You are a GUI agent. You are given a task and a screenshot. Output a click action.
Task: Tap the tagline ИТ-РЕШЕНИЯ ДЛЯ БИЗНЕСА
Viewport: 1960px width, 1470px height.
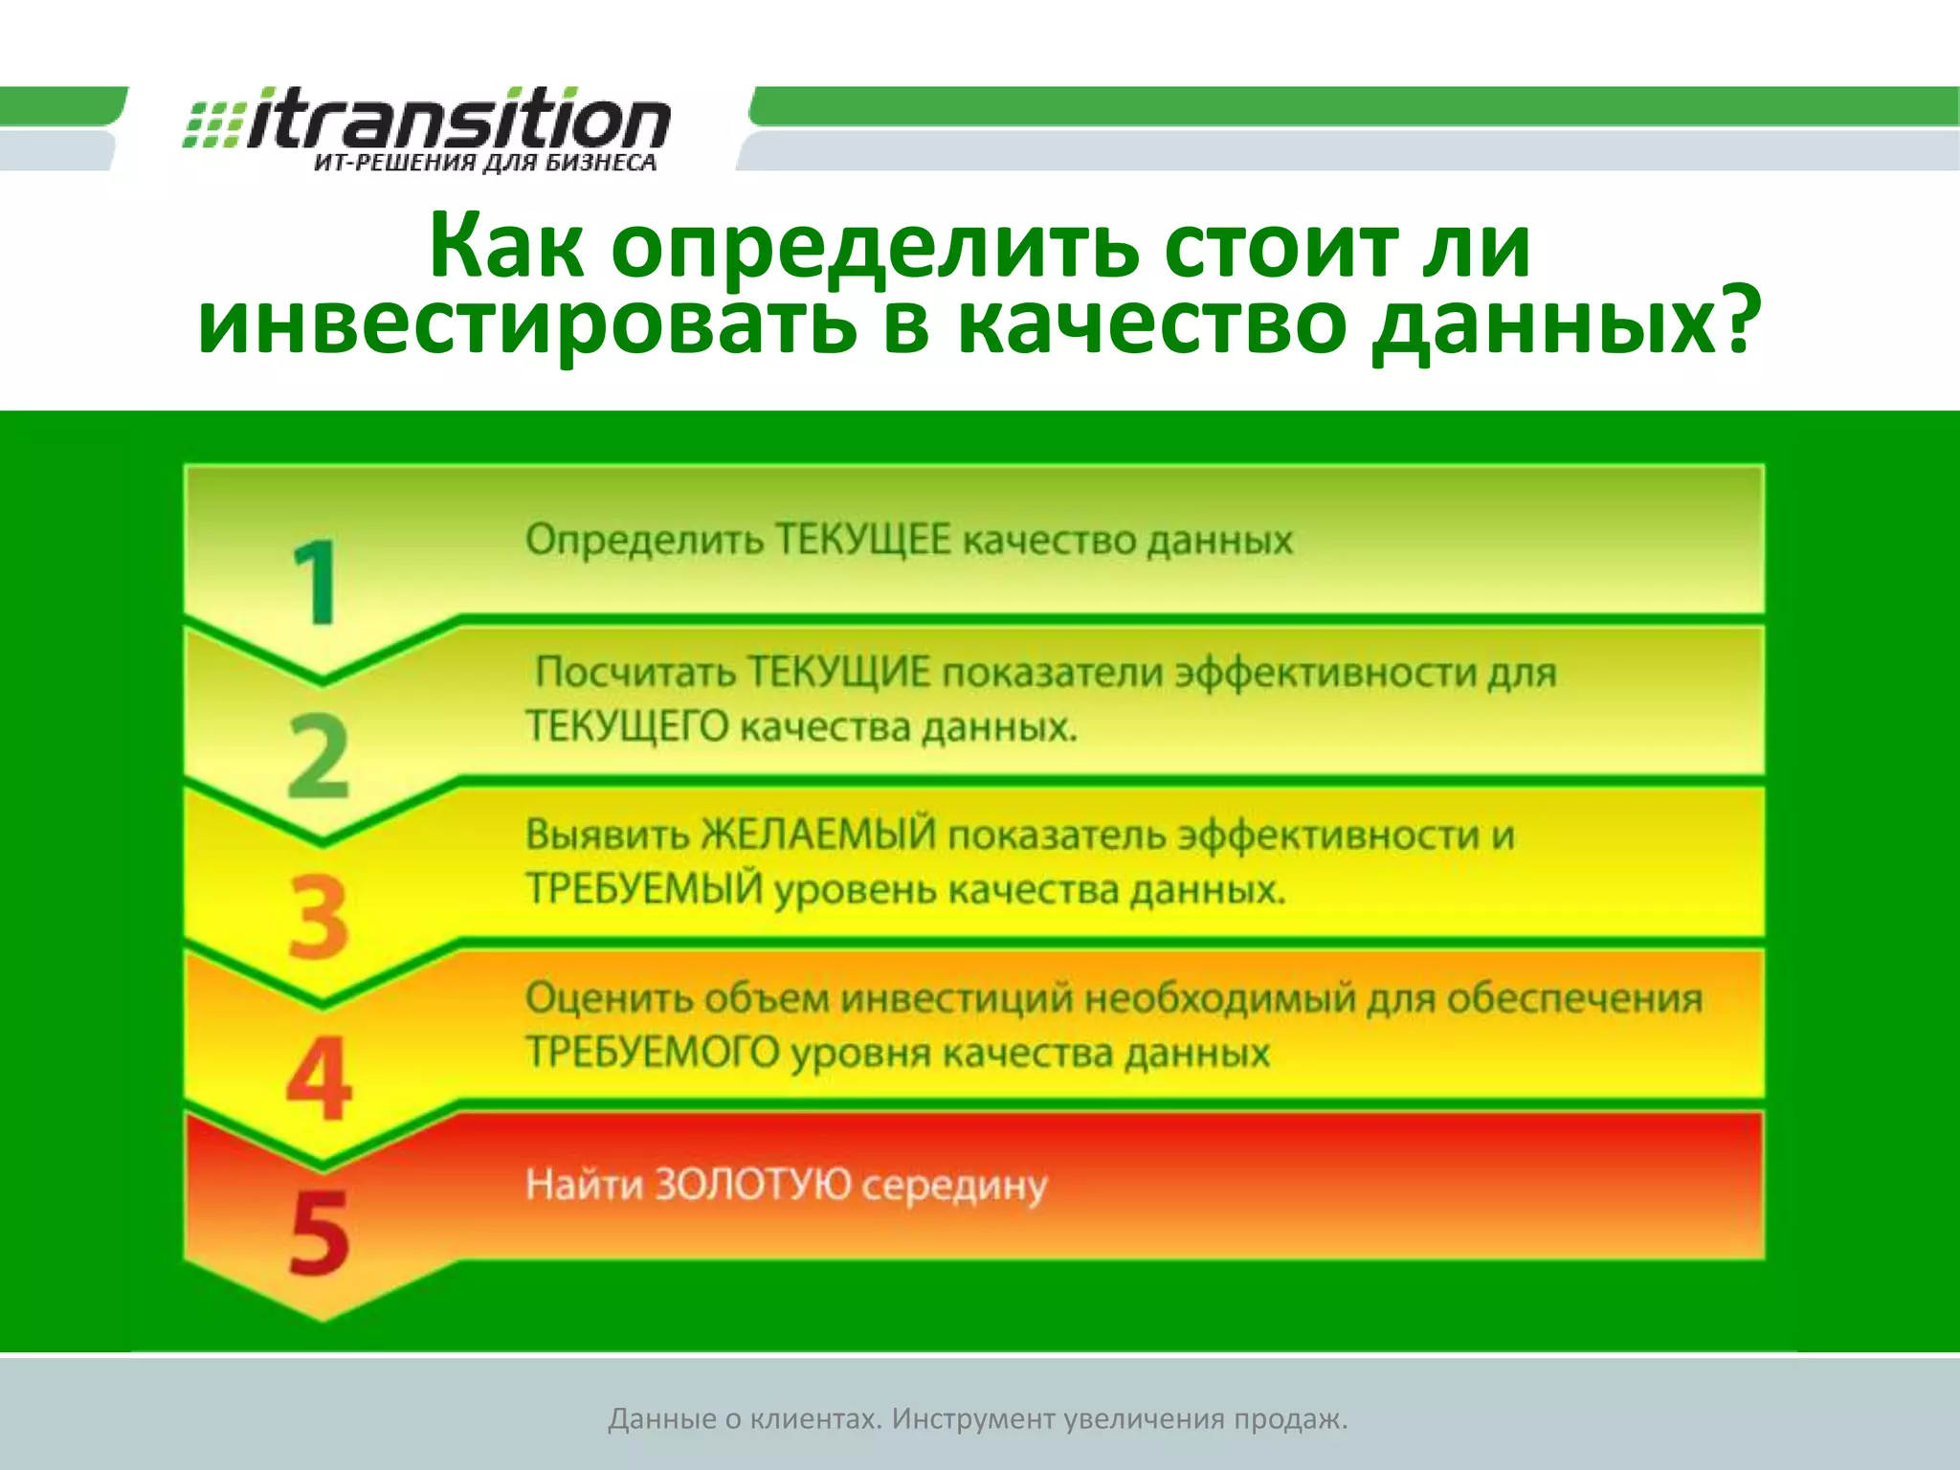point(485,164)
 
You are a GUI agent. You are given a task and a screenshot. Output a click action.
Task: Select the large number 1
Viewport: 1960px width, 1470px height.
point(316,582)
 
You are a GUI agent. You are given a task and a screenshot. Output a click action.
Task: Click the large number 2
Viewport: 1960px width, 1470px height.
point(319,755)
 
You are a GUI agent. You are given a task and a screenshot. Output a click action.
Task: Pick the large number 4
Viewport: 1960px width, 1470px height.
point(319,1079)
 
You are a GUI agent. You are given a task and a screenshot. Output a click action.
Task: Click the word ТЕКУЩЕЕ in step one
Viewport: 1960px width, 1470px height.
point(862,540)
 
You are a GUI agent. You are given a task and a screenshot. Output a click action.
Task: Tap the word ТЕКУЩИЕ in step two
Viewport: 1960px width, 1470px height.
point(838,672)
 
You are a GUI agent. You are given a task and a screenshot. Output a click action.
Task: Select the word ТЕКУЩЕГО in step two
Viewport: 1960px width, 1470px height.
point(628,727)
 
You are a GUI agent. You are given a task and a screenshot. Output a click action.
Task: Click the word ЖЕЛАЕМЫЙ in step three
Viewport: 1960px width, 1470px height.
point(819,835)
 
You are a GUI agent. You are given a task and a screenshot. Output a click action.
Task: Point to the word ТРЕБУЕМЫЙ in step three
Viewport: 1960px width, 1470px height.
point(644,889)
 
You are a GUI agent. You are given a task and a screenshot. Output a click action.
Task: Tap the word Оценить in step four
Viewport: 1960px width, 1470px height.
point(609,998)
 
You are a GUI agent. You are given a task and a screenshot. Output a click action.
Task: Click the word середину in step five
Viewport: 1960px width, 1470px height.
point(954,1187)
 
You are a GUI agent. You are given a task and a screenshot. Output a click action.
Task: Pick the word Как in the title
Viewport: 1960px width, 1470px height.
point(506,247)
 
